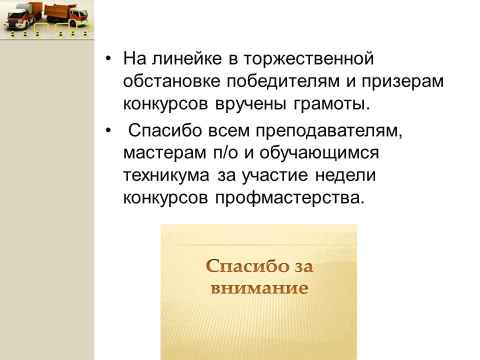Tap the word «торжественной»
click(309, 59)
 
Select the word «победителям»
click(283, 81)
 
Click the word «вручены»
click(251, 104)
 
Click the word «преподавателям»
click(329, 130)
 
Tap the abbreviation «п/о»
click(225, 153)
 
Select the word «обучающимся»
click(319, 153)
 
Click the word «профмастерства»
click(290, 198)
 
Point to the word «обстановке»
click(171, 81)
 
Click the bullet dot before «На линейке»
click(108, 58)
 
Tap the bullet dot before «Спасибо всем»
click(108, 130)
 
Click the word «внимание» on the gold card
click(259, 288)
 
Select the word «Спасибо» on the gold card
click(247, 265)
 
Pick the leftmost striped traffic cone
click(12, 34)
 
